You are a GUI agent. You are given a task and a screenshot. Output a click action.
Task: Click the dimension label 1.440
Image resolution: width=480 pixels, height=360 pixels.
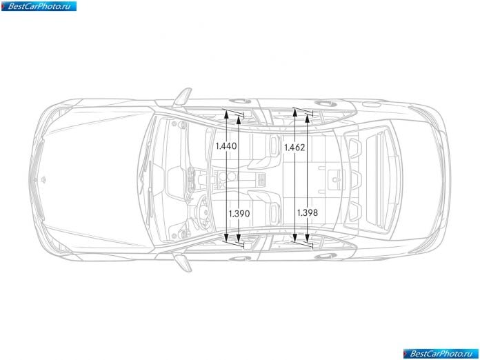[226, 146]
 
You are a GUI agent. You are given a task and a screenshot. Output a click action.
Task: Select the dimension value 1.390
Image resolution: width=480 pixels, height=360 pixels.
[239, 213]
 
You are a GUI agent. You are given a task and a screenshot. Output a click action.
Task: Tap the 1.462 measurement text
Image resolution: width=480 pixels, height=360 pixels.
[294, 148]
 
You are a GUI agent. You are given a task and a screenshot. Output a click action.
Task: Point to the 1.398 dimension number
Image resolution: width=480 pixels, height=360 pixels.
[308, 212]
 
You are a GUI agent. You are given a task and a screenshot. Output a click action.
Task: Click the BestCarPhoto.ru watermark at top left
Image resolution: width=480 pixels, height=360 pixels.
[39, 6]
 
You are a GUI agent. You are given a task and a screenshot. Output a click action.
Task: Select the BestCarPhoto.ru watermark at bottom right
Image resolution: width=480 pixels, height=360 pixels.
[441, 354]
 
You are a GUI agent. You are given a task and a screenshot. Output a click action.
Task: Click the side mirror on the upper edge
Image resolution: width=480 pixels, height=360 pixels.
[183, 97]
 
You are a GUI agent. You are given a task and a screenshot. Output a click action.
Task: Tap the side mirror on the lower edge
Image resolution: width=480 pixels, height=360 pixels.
[183, 263]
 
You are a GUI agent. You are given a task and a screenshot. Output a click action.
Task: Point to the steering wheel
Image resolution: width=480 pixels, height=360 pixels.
[202, 212]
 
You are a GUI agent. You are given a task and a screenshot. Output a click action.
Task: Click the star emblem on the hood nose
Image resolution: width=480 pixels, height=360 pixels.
[43, 180]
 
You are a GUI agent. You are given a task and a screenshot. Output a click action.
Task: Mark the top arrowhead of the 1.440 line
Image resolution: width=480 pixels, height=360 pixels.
[226, 114]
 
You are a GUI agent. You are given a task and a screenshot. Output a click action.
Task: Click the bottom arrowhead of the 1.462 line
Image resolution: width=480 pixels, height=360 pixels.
[294, 238]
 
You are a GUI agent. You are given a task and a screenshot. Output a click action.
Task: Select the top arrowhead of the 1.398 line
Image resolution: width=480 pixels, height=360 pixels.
[308, 118]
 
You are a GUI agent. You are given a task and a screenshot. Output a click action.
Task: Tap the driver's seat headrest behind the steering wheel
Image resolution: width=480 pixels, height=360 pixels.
[275, 211]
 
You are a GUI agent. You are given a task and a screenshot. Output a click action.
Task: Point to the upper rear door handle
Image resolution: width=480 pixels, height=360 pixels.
[325, 103]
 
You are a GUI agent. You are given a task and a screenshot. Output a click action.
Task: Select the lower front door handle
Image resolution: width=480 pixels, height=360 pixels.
[240, 259]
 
